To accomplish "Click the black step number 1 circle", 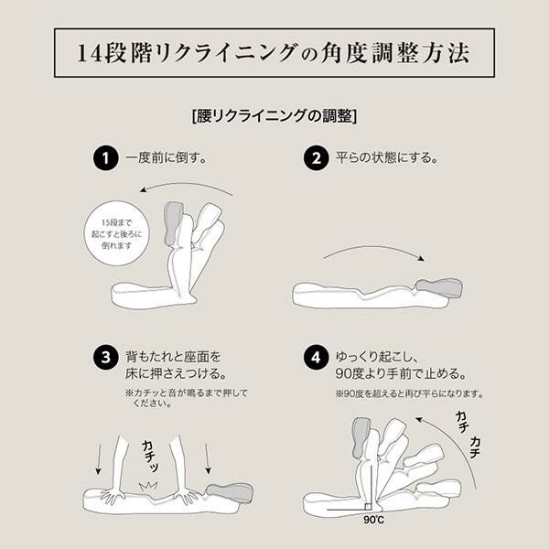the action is pyautogui.click(x=106, y=158).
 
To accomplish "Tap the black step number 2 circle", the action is pyautogui.click(x=317, y=158).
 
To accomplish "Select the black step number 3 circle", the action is pyautogui.click(x=106, y=358).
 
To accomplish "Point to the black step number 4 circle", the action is pyautogui.click(x=317, y=358).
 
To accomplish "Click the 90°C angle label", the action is pyautogui.click(x=373, y=520).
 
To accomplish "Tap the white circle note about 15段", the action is pyautogui.click(x=116, y=233).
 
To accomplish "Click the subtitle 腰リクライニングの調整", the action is pyautogui.click(x=274, y=116).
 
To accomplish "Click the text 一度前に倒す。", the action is pyautogui.click(x=167, y=158).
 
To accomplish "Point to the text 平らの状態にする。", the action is pyautogui.click(x=387, y=158).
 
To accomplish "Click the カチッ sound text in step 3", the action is pyautogui.click(x=151, y=457).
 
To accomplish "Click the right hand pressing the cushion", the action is pyautogui.click(x=187, y=494).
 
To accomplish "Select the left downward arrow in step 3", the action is pyautogui.click(x=99, y=459).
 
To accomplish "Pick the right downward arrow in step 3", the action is pyautogui.click(x=208, y=459).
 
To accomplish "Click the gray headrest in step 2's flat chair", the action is pyautogui.click(x=439, y=288).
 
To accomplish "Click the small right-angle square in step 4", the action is pyautogui.click(x=368, y=507).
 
